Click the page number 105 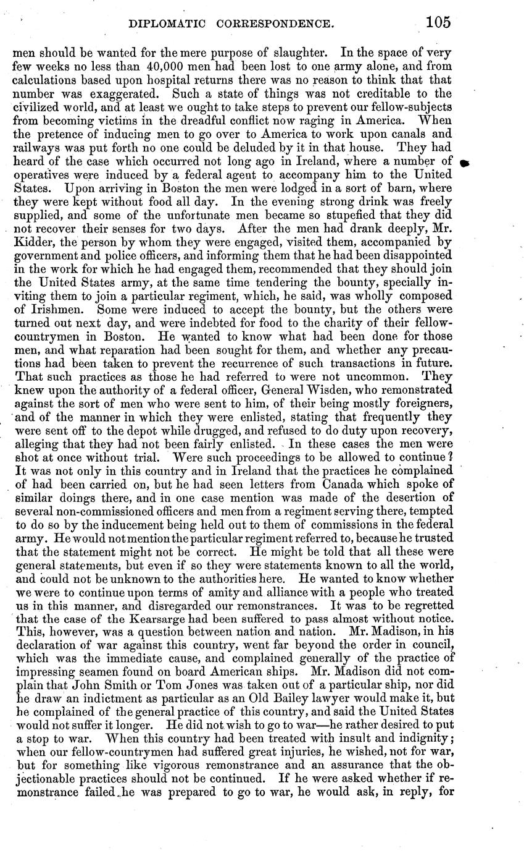point(437,22)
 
